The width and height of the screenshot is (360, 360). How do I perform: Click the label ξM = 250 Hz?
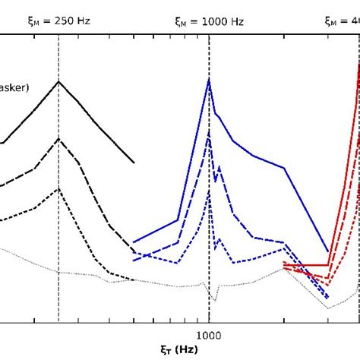(58, 21)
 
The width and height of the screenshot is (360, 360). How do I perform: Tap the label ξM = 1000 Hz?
(209, 21)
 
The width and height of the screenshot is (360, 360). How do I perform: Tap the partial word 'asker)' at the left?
(14, 88)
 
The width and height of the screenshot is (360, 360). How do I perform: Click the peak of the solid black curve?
(58, 81)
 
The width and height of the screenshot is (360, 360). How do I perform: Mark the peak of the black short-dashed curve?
(58, 186)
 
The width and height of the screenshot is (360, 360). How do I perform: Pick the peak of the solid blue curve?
(209, 80)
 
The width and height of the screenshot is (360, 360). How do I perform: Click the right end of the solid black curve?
(134, 163)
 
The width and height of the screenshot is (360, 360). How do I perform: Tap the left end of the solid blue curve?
(133, 243)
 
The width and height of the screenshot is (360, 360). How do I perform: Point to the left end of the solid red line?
(283, 264)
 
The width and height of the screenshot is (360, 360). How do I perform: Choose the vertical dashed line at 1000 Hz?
(209, 304)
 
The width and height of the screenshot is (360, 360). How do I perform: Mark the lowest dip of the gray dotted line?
(328, 308)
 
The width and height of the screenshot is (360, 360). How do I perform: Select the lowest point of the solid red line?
(328, 265)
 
